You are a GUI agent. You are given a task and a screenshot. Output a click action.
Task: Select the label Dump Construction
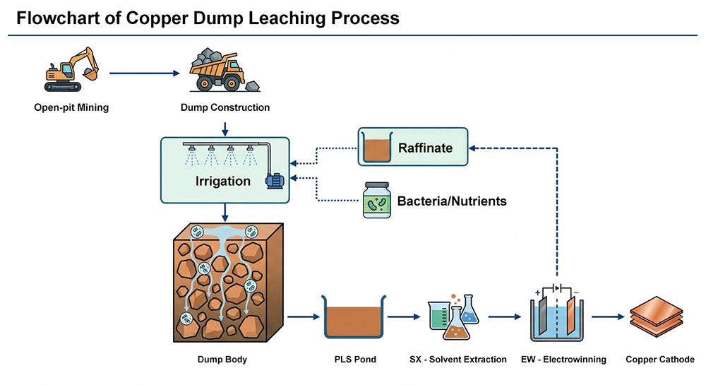pyautogui.click(x=225, y=108)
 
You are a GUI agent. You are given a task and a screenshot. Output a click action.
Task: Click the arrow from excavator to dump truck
pyautogui.click(x=145, y=72)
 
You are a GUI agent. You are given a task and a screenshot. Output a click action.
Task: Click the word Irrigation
pyautogui.click(x=223, y=182)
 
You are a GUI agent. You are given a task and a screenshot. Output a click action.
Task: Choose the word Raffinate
pyautogui.click(x=424, y=148)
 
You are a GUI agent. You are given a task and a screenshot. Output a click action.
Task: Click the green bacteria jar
pyautogui.click(x=376, y=201)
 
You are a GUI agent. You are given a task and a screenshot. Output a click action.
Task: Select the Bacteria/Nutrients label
pyautogui.click(x=452, y=201)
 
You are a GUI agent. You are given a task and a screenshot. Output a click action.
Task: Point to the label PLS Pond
pyautogui.click(x=354, y=360)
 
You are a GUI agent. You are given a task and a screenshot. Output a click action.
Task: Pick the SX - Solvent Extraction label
pyautogui.click(x=457, y=360)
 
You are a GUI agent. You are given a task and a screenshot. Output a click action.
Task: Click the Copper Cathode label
pyautogui.click(x=660, y=360)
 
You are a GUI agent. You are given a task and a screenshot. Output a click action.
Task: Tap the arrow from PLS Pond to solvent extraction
pyautogui.click(x=402, y=317)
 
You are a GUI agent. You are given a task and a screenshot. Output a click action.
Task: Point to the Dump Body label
pyautogui.click(x=222, y=360)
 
